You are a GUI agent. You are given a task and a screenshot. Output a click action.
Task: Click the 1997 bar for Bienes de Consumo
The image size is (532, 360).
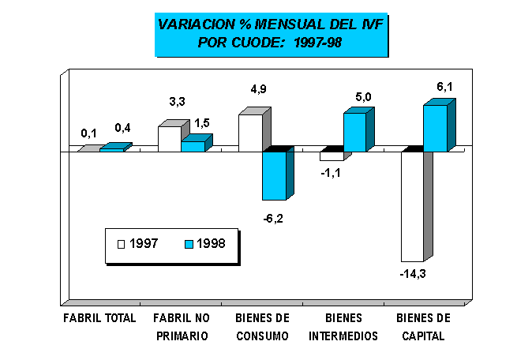tap(250, 133)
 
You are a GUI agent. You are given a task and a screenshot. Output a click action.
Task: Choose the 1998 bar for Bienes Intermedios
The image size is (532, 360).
tap(354, 132)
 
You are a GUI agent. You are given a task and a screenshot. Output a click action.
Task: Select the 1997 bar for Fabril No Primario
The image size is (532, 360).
tap(169, 138)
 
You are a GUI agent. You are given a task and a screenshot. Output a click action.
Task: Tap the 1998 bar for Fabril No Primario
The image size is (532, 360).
tap(193, 146)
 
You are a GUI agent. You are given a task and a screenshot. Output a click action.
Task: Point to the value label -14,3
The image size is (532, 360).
tap(413, 273)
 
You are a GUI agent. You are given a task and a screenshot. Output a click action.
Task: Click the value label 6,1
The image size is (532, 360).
tap(444, 87)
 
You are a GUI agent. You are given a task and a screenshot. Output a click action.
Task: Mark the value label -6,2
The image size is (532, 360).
tap(272, 216)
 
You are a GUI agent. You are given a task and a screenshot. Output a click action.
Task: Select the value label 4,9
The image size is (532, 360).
tap(258, 89)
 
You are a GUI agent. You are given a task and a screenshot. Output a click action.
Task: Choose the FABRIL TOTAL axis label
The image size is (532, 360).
tap(99, 318)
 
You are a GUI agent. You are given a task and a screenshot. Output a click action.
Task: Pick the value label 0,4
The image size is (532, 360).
tap(123, 128)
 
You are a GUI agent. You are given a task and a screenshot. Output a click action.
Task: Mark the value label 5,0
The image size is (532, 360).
tap(363, 97)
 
